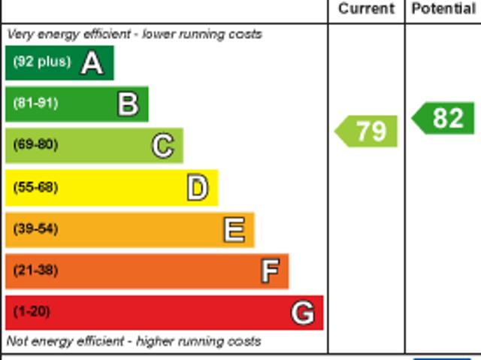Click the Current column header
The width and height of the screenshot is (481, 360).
point(366,9)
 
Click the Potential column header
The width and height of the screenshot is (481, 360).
point(443,9)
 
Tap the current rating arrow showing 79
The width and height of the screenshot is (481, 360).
point(367,131)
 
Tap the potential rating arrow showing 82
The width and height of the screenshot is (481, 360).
point(444,118)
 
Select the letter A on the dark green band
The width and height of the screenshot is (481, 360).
point(92,63)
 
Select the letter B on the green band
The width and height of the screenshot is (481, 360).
point(129,104)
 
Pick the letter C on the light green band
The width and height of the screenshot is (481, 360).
point(163,146)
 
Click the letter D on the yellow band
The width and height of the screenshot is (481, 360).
point(198,188)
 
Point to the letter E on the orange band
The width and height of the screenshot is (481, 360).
point(234,230)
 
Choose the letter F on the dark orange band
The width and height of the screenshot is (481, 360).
point(270,271)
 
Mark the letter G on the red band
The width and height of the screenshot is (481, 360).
point(303,313)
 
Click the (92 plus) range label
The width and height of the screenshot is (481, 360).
point(41,62)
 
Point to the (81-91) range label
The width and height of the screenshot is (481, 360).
point(35,103)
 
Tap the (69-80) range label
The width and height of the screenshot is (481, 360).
point(35,144)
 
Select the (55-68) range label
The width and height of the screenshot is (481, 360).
point(35,187)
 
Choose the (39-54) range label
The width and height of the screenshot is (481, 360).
point(35,228)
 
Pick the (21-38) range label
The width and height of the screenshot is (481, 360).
point(35,270)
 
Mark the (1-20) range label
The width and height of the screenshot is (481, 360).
point(32,311)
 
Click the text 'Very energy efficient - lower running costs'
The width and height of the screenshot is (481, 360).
point(135,35)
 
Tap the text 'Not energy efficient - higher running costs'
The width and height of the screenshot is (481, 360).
point(134,341)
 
